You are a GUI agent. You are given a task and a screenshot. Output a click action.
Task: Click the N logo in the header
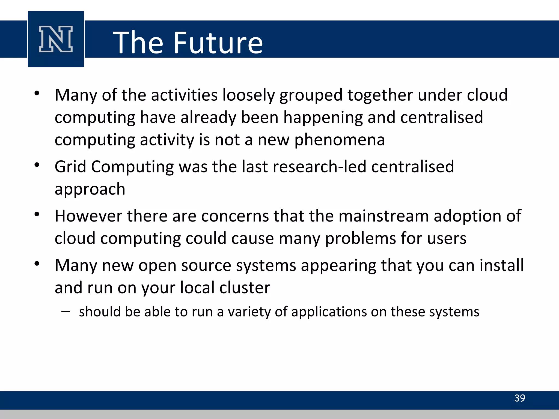click(x=56, y=39)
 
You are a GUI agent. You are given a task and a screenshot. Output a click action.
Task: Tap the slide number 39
click(x=519, y=398)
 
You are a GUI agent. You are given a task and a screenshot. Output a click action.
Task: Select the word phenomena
click(x=339, y=140)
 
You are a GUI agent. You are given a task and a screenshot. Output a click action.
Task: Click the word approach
click(x=90, y=189)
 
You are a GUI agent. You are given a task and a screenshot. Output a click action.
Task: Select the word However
click(x=88, y=216)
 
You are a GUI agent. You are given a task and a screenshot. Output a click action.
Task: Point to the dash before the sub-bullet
click(x=66, y=311)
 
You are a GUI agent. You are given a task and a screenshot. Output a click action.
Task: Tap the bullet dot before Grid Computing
click(x=37, y=165)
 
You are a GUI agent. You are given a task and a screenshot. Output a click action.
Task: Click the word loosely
click(x=248, y=95)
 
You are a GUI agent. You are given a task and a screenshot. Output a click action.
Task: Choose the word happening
click(x=323, y=118)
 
